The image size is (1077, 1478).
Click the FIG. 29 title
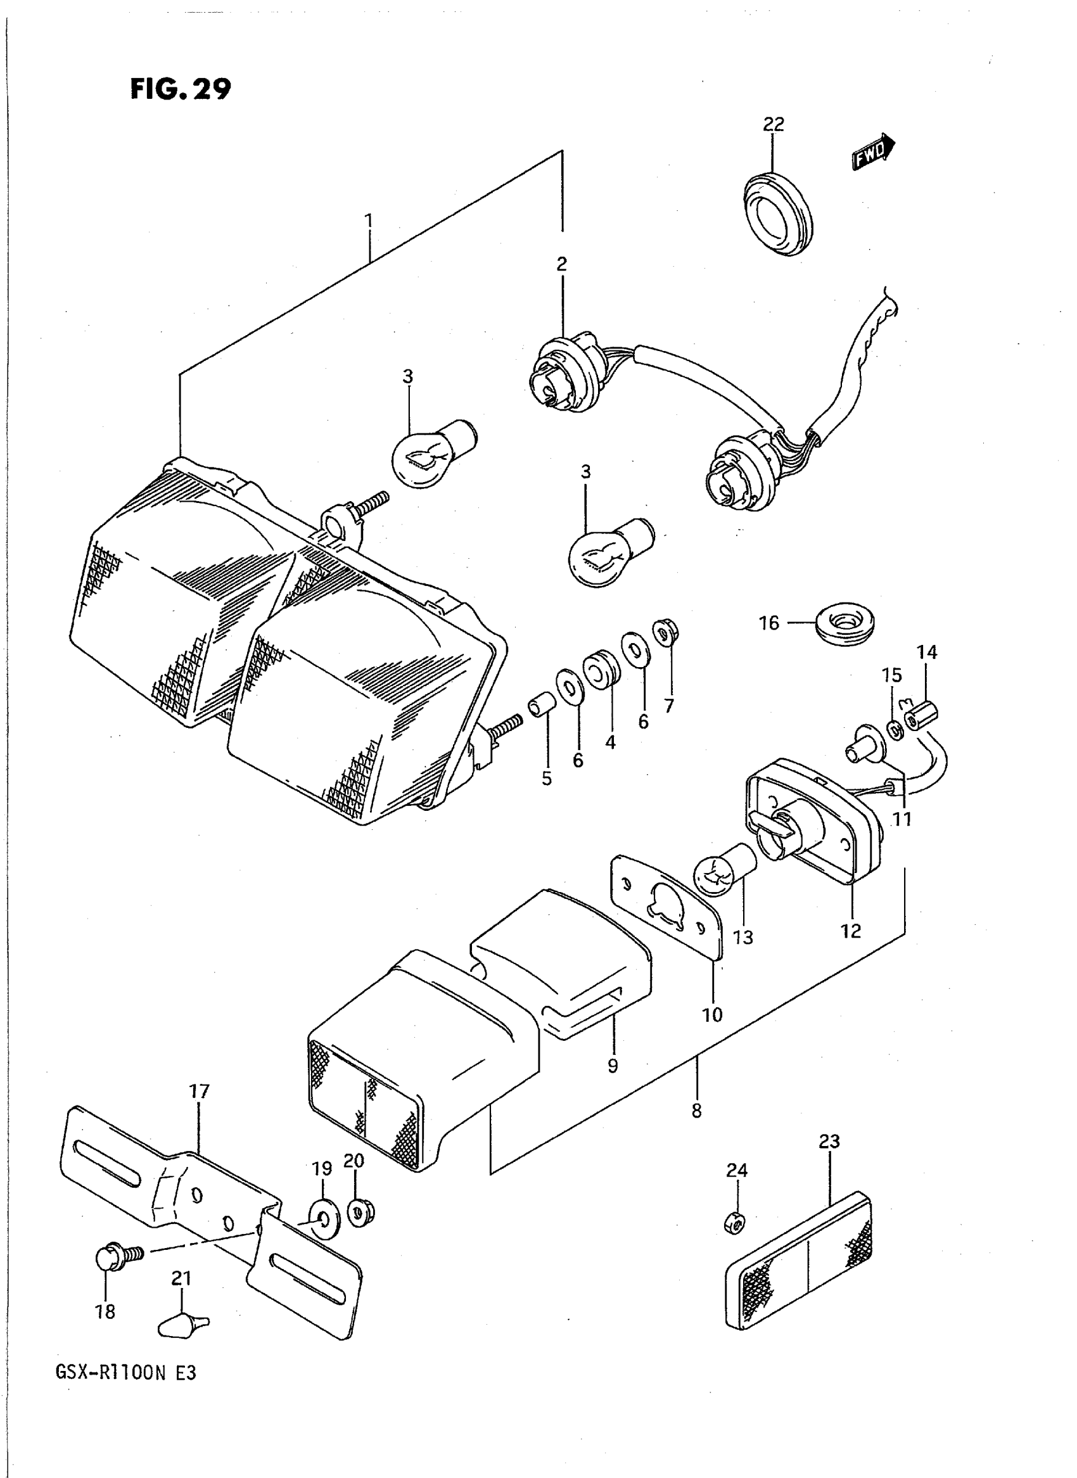(x=181, y=89)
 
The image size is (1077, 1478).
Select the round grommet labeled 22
(x=778, y=213)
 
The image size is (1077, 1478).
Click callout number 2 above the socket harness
(x=561, y=264)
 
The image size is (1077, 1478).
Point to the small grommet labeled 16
(x=846, y=623)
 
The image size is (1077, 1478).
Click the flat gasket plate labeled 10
(x=667, y=905)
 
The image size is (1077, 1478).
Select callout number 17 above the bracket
(x=199, y=1091)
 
